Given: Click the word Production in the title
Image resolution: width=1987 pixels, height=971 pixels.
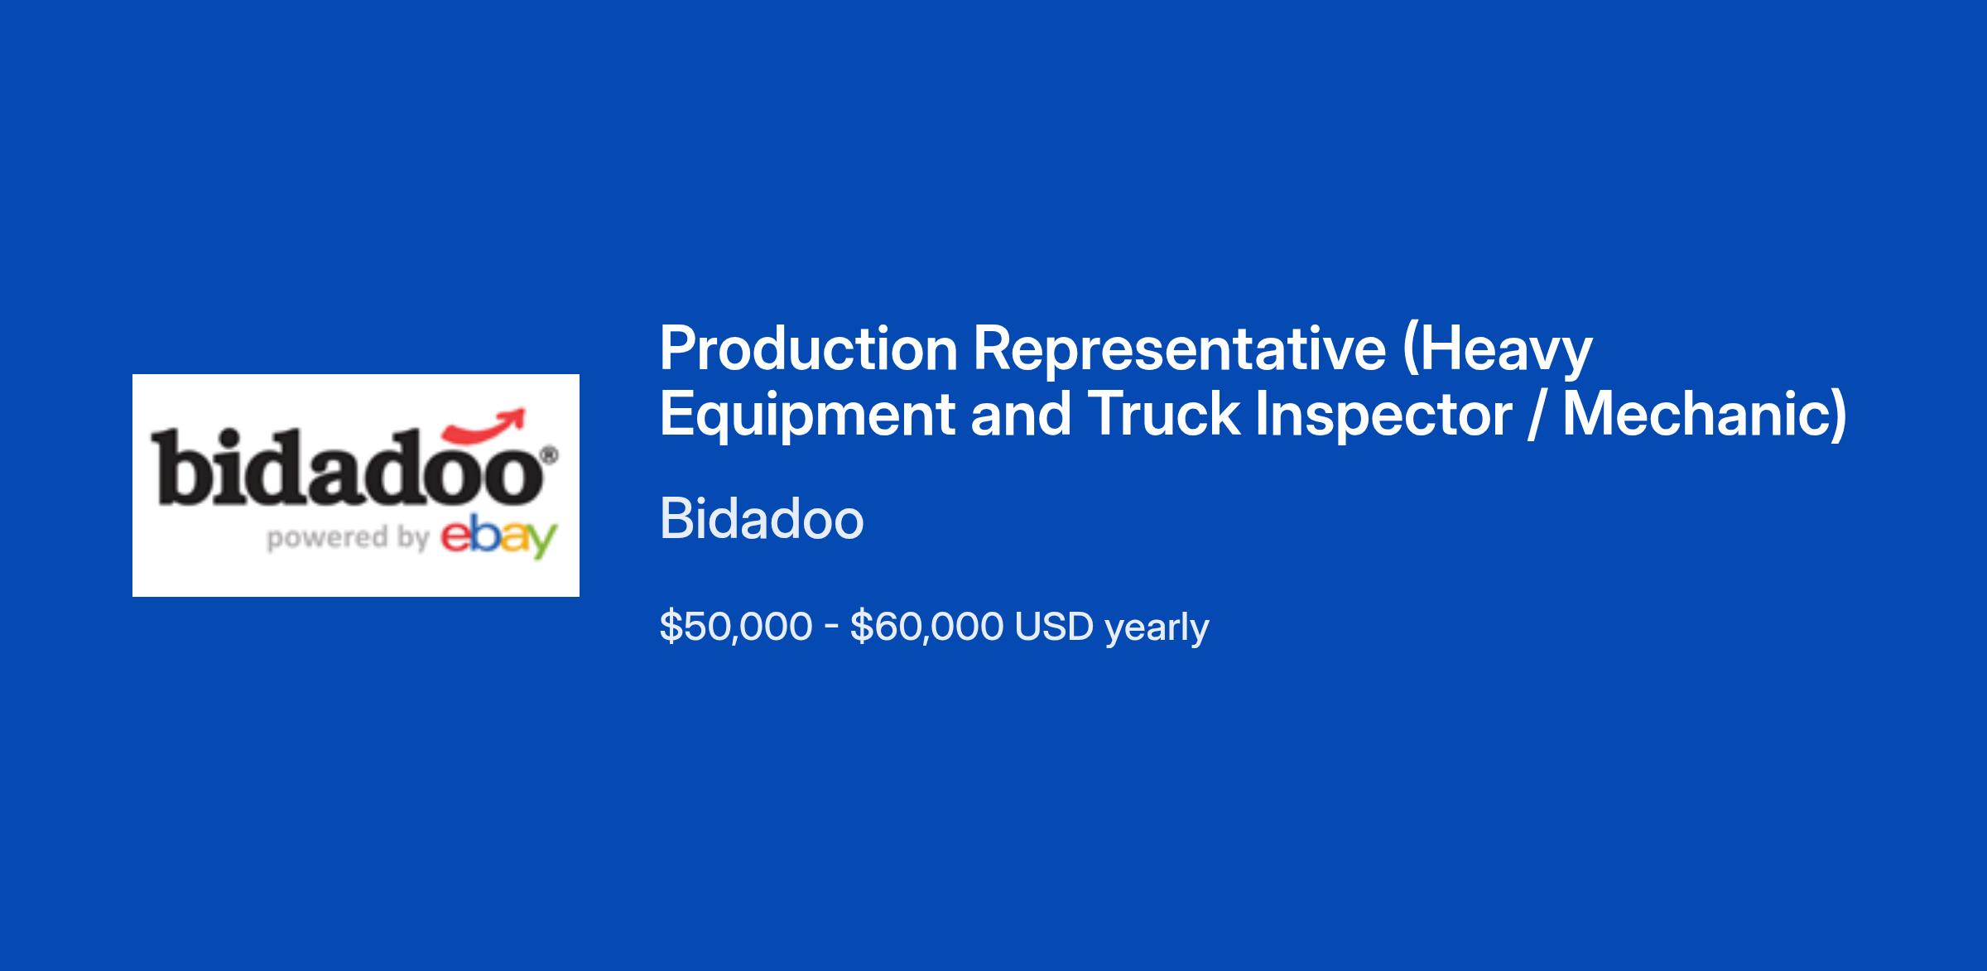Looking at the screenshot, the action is click(809, 349).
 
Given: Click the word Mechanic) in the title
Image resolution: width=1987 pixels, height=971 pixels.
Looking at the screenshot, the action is click(1705, 416).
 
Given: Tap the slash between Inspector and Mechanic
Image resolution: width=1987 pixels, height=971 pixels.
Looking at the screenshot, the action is click(1537, 415).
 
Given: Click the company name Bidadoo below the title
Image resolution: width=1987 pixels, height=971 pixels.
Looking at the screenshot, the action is click(762, 520).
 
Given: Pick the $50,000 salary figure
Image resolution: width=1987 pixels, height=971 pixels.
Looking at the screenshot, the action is click(736, 627).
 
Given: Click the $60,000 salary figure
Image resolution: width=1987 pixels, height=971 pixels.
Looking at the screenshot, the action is click(926, 627).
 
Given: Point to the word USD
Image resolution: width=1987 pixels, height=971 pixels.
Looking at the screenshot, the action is click(1054, 627).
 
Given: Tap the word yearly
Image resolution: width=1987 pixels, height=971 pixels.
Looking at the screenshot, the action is click(1157, 629).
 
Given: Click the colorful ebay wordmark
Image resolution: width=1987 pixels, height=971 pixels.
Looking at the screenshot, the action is click(498, 539).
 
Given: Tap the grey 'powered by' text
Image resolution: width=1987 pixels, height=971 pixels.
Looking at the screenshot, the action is click(348, 538).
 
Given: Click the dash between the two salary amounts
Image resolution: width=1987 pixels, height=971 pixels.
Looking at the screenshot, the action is click(831, 628).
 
